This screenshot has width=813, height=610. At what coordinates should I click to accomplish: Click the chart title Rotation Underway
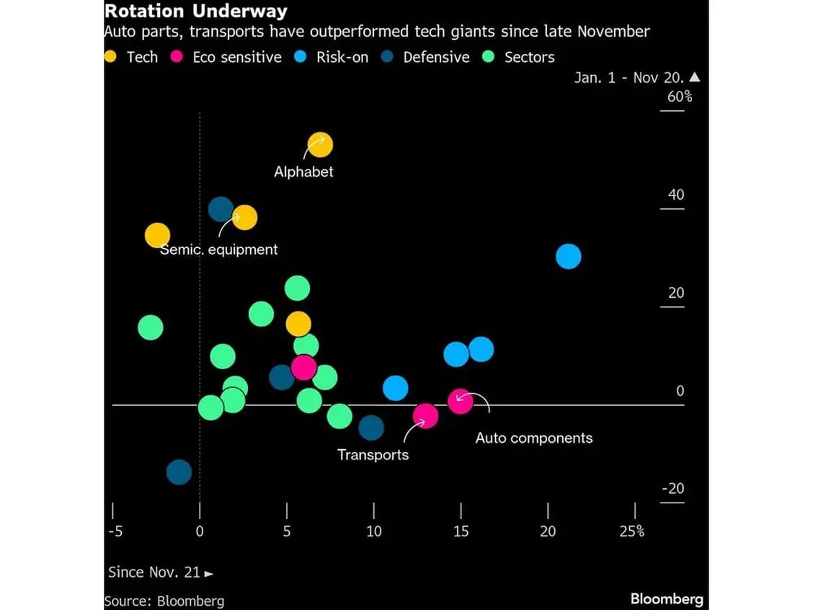point(196,12)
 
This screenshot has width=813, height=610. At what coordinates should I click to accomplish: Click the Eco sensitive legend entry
point(226,57)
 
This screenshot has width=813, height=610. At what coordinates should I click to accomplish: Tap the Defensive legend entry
point(425,57)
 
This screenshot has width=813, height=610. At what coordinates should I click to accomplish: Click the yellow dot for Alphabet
point(321,145)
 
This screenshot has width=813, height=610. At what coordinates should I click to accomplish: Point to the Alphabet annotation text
point(303,172)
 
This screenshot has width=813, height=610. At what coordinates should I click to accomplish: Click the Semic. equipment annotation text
point(218,249)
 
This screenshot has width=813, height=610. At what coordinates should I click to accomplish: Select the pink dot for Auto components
point(460,400)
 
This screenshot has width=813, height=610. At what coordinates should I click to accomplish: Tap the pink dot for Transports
point(425,415)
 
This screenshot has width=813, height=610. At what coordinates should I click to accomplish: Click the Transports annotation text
point(373,454)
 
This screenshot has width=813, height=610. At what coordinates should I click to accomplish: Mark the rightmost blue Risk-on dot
point(569,256)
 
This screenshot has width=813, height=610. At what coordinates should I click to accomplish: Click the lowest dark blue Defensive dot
point(179,472)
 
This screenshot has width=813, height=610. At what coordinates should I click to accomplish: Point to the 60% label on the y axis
point(679,96)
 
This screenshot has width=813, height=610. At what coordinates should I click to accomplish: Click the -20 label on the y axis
point(672,488)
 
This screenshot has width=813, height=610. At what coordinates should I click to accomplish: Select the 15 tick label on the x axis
point(461,531)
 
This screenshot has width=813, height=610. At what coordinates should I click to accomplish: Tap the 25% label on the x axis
point(632,531)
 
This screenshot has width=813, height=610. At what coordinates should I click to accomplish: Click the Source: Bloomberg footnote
point(164,601)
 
